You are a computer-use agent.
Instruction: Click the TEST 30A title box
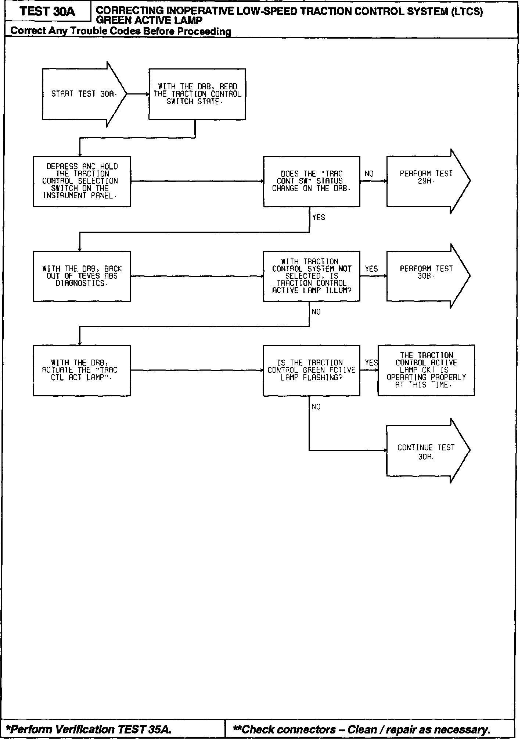tap(47, 11)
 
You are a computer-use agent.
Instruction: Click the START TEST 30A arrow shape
tap(84, 94)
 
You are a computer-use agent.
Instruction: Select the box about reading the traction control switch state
tap(197, 94)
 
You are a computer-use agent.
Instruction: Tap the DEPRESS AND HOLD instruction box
tap(82, 181)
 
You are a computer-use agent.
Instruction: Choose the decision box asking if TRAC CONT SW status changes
tap(312, 181)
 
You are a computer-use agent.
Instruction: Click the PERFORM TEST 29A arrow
tap(426, 181)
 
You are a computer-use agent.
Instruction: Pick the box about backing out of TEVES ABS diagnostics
tap(82, 276)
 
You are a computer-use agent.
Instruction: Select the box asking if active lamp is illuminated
tap(312, 276)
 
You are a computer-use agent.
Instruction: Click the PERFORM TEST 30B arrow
tap(426, 276)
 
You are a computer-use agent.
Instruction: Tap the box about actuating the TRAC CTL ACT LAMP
tap(82, 370)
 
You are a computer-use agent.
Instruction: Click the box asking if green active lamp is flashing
tap(312, 370)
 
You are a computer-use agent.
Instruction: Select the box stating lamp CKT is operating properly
tap(426, 370)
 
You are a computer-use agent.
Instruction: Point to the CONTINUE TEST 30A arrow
tap(426, 451)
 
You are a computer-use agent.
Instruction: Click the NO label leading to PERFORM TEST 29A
tap(369, 174)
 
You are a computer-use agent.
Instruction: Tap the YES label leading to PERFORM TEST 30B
tap(371, 269)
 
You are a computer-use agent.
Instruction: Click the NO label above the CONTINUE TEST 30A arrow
tap(316, 407)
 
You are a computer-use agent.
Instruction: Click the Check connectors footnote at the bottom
tap(362, 729)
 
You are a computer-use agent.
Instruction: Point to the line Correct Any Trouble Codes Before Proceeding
tap(121, 31)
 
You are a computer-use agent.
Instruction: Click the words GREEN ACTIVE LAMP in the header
tap(149, 21)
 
